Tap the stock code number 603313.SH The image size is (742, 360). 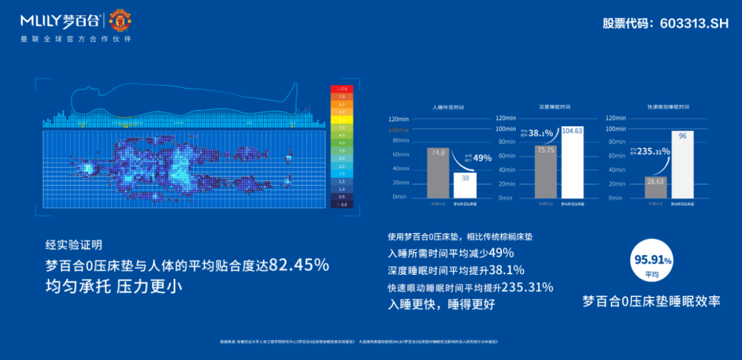point(693,23)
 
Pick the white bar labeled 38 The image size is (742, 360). point(464,185)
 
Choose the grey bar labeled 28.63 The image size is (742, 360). point(655,187)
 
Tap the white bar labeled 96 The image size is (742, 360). point(682,165)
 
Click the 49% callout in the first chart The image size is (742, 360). point(482,158)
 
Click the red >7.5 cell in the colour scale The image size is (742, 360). point(341,89)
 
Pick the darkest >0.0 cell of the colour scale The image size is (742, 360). point(341,204)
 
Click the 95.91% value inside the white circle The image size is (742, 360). point(651,260)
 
